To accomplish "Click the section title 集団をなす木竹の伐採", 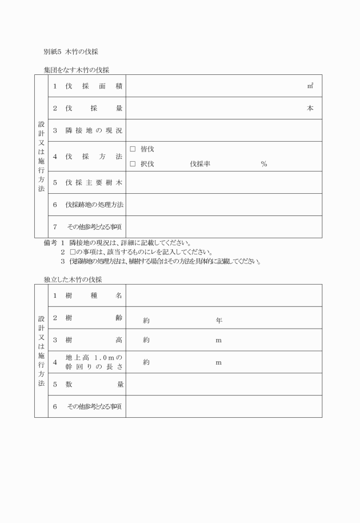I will [x=76, y=70].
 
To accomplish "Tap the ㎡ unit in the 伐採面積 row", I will [x=310, y=86].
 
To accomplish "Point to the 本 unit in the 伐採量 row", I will [x=310, y=109].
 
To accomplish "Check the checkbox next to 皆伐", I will [x=133, y=150].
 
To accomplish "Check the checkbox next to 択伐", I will [x=133, y=164].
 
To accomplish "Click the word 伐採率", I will [x=201, y=164].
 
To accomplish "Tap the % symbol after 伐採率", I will [x=264, y=164].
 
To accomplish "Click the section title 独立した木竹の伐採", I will [x=73, y=279].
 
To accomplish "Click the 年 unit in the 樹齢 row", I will [x=219, y=321].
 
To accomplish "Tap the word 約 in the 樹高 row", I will [x=146, y=340].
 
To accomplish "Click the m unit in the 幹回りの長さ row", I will [x=218, y=362].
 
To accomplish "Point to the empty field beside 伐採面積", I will [x=217, y=86].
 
